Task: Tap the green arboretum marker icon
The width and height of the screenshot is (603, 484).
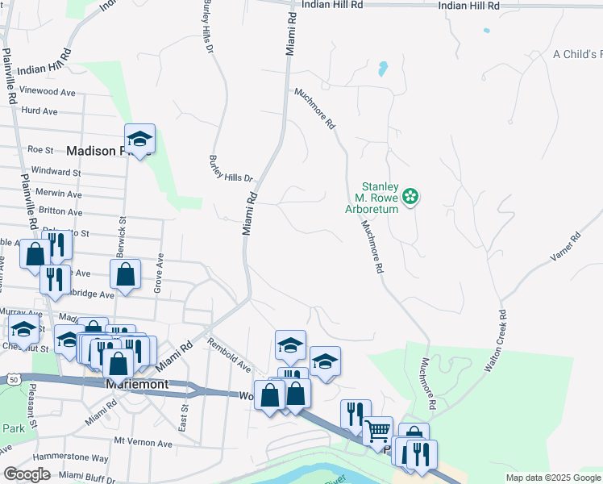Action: tap(410, 196)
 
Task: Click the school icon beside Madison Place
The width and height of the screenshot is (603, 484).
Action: tap(139, 140)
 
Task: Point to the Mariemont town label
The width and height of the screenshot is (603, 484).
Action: tap(137, 385)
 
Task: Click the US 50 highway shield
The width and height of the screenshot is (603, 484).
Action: tap(14, 378)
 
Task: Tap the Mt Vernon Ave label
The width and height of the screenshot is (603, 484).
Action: tap(143, 443)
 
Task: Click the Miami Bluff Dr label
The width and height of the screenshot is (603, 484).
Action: tap(94, 476)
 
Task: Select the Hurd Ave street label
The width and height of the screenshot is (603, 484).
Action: tap(40, 111)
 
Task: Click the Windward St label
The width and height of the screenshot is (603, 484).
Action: tap(54, 172)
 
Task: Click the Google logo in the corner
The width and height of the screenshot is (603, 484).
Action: tap(27, 474)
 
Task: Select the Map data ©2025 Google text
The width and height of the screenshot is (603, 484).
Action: tap(551, 478)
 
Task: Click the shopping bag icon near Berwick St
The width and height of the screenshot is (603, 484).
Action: tap(127, 274)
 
